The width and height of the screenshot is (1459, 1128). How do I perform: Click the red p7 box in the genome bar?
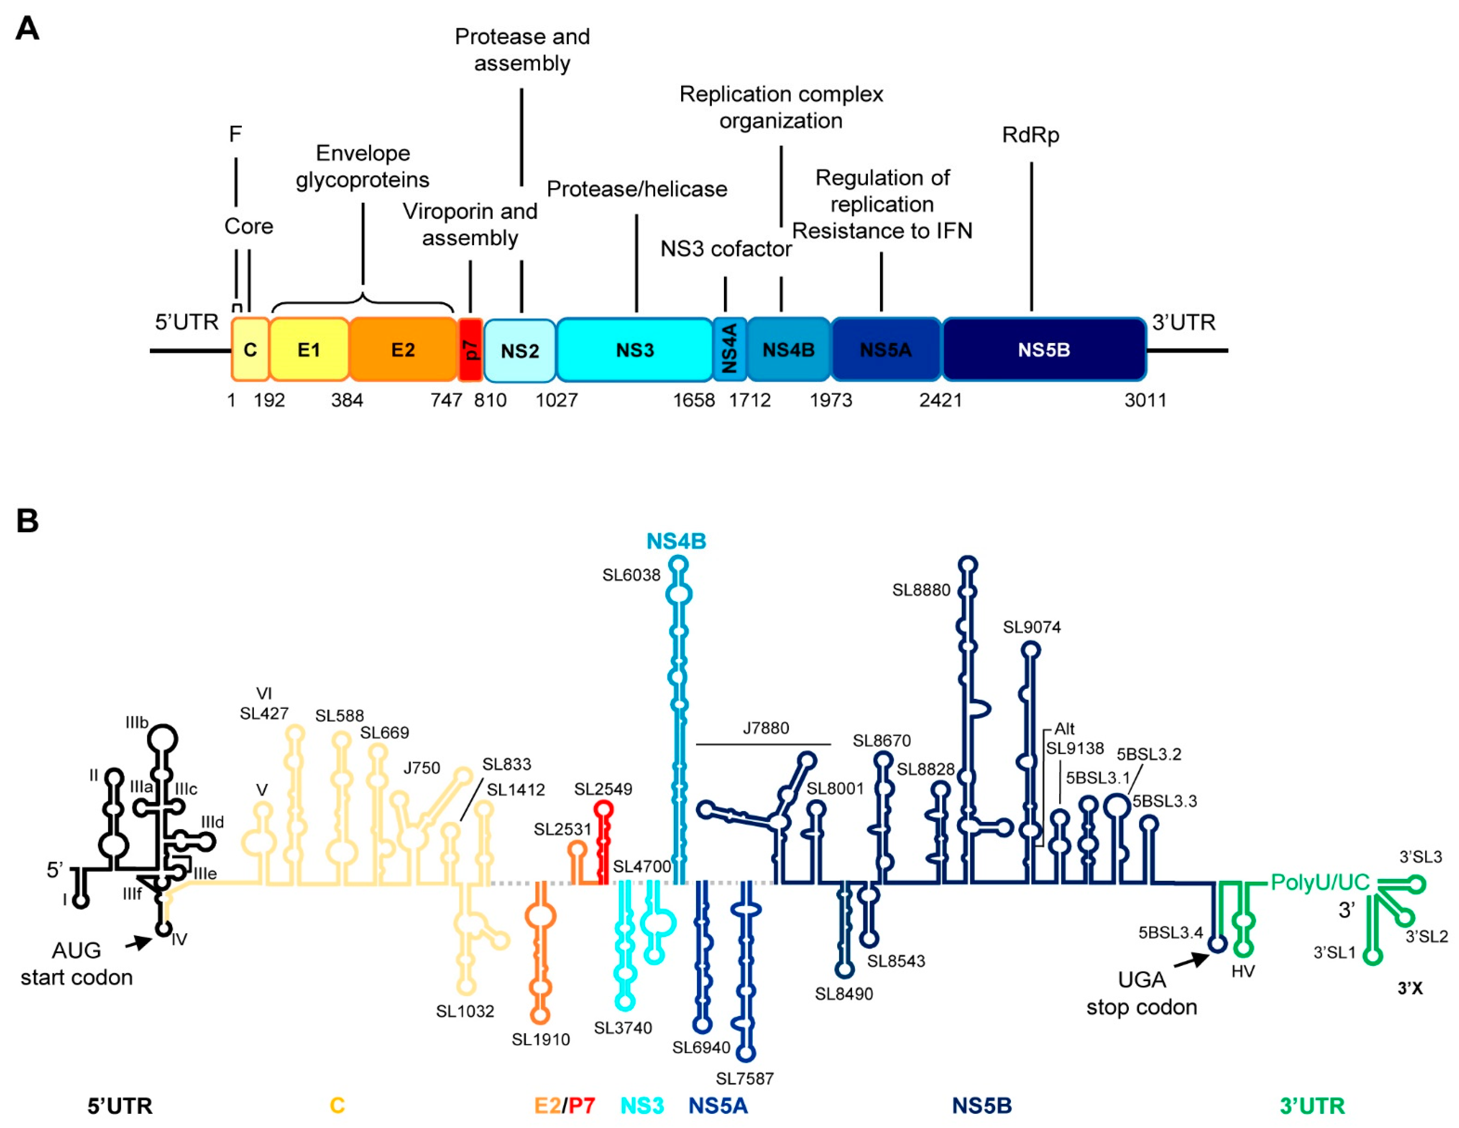(x=470, y=349)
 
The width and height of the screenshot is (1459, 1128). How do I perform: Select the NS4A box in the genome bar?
(x=729, y=349)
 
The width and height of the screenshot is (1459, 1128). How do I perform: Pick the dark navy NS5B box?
(x=1043, y=349)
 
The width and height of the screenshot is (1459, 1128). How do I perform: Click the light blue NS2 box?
(x=520, y=350)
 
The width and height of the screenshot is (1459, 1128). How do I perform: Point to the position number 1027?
(x=556, y=400)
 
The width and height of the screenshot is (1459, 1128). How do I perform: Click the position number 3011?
(x=1145, y=400)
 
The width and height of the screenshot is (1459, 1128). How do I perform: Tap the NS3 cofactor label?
(x=726, y=248)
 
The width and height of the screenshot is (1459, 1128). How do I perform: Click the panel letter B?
(x=27, y=520)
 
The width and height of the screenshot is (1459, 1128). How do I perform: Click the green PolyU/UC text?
(x=1319, y=882)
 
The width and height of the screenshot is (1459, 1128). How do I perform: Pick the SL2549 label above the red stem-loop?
(x=603, y=789)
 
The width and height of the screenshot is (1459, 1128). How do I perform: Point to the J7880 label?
(x=765, y=728)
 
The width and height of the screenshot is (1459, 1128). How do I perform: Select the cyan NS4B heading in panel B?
(x=676, y=541)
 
